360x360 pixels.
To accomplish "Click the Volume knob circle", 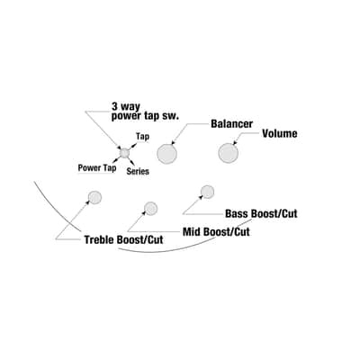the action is [x=229, y=153].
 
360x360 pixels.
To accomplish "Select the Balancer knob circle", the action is [x=166, y=154].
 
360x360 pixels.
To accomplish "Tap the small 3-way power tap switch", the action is [x=124, y=153].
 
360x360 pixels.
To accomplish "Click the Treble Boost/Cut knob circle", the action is [x=94, y=197].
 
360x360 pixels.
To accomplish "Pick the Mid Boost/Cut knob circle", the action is [x=150, y=208].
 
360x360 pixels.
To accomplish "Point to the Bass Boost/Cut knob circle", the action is [x=207, y=192].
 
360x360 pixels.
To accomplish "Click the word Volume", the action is [x=280, y=133].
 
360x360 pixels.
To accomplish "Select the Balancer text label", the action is [x=231, y=123].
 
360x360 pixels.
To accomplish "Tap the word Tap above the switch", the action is [x=142, y=137].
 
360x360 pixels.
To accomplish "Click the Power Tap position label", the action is [x=97, y=167].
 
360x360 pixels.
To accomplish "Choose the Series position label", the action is [x=138, y=171].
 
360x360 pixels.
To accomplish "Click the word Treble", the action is [x=99, y=239].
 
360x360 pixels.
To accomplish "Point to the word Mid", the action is [x=192, y=232].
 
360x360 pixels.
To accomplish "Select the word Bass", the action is [x=237, y=213].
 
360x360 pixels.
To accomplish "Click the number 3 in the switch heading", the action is [x=115, y=106].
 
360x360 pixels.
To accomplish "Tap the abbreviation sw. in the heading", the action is [x=171, y=116].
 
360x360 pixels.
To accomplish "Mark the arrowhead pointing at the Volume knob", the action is [x=235, y=143].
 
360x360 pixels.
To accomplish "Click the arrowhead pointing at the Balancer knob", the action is [x=174, y=143].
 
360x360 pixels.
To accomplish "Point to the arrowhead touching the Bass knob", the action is [x=202, y=196].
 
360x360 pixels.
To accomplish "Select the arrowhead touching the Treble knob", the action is [x=88, y=202].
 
